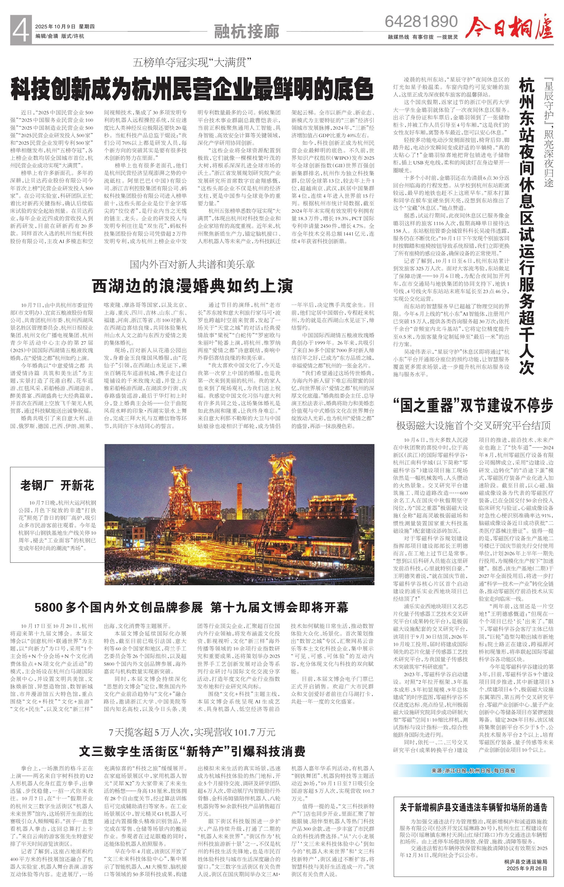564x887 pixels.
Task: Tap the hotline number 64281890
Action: pyautogui.click(x=421, y=22)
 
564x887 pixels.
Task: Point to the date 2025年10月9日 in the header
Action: pyautogui.click(x=56, y=27)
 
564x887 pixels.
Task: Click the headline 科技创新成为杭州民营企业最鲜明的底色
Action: pyautogui.click(x=192, y=89)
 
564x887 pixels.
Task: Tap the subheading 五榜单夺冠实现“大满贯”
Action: pyautogui.click(x=192, y=62)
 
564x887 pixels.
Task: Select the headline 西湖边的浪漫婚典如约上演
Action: pyautogui.click(x=193, y=286)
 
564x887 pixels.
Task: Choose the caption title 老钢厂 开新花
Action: pyautogui.click(x=57, y=485)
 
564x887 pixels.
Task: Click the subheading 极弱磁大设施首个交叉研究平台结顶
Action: pyautogui.click(x=473, y=426)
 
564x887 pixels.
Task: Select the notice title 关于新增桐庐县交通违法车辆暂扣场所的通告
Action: pyautogui.click(x=473, y=807)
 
